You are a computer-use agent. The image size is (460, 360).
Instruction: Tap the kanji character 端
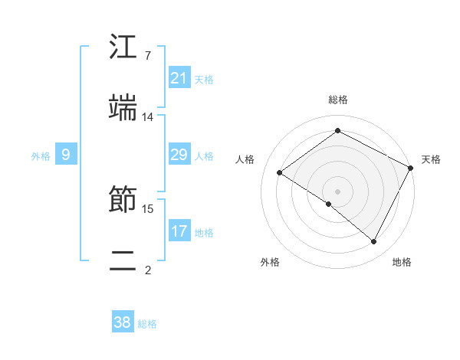(123, 108)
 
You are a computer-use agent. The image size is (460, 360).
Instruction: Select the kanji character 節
(123, 201)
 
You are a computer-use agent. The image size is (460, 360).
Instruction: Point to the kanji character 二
(123, 261)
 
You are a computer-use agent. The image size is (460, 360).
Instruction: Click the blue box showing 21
(179, 78)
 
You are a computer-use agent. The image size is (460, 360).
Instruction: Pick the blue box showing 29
(179, 155)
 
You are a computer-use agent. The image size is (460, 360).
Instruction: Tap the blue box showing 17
(179, 231)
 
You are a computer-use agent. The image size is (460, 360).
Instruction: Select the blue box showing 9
(66, 155)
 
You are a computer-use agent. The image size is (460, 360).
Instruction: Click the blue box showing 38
(123, 322)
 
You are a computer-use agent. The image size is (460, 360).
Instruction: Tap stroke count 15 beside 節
(148, 208)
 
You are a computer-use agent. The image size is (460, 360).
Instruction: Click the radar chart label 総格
(337, 100)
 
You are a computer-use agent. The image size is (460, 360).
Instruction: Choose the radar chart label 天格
(431, 159)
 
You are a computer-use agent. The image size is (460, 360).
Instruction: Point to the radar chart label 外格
(270, 262)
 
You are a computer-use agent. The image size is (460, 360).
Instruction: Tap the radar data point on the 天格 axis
(410, 168)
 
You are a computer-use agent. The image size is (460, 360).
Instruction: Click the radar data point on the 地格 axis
(374, 242)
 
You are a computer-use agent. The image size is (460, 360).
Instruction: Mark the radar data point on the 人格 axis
(279, 172)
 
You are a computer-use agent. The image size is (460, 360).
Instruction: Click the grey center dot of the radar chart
(337, 191)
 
